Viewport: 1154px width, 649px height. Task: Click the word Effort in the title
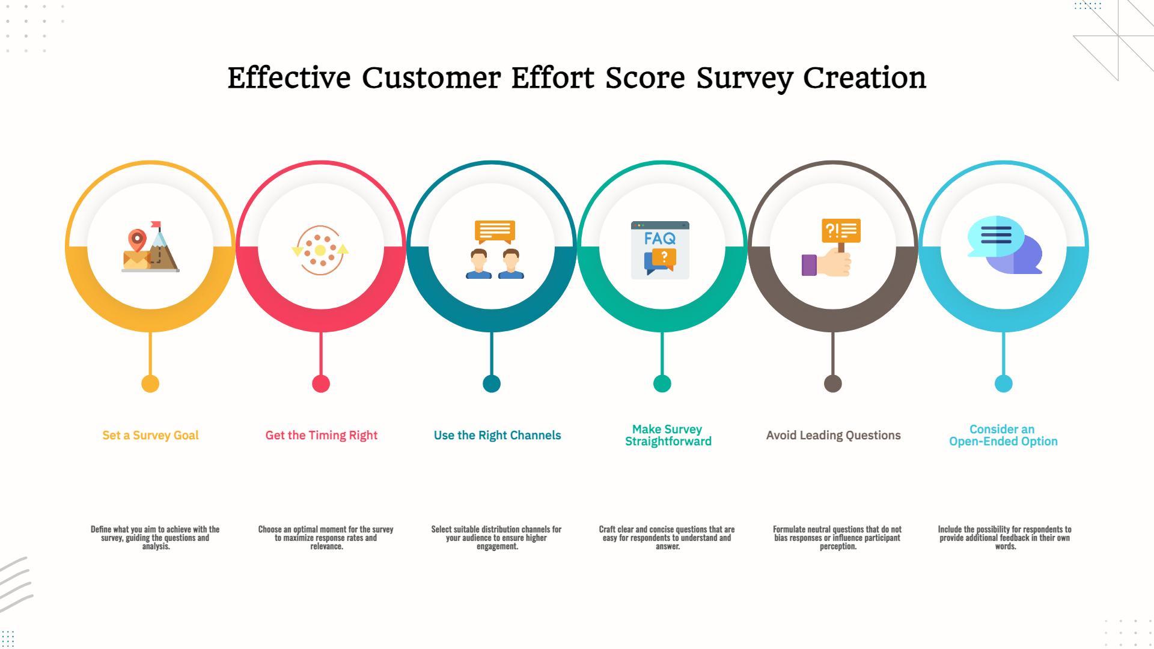553,78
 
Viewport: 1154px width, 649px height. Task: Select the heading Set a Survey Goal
150,436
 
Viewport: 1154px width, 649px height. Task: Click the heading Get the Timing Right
322,436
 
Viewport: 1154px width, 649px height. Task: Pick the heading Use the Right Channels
497,436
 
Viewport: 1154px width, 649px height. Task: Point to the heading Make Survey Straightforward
668,435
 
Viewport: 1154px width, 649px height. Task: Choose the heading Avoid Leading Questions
833,436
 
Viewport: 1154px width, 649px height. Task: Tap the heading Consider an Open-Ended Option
1003,435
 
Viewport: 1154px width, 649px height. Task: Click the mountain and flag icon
150,246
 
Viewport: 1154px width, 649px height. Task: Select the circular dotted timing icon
320,250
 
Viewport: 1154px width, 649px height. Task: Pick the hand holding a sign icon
831,248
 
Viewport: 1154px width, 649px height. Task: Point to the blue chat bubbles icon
1004,245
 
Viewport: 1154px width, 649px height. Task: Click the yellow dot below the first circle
150,383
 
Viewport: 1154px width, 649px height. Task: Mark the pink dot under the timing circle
321,383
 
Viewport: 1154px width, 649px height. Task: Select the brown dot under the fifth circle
833,383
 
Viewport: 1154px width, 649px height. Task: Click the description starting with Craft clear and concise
667,538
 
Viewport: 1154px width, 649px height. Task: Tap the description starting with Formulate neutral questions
837,538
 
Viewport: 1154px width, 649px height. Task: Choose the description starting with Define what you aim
155,538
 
